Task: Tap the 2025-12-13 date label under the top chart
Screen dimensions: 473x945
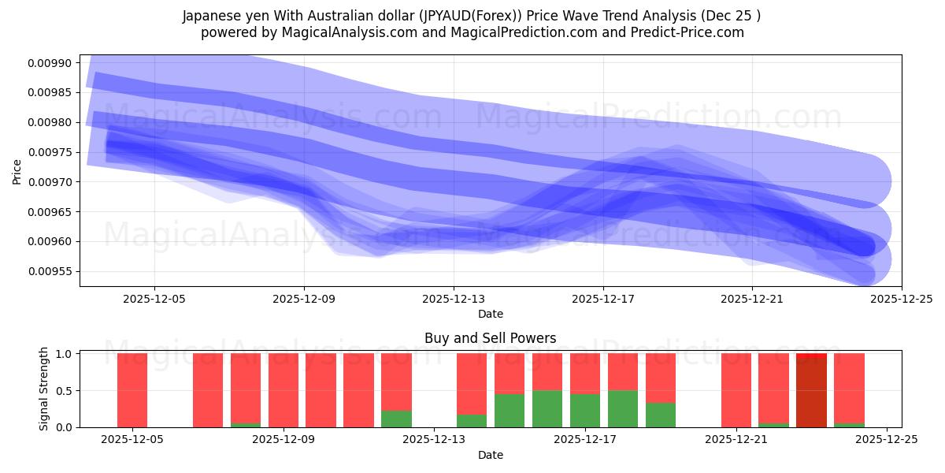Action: pyautogui.click(x=454, y=300)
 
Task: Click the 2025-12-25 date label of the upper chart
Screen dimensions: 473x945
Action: pyautogui.click(x=901, y=300)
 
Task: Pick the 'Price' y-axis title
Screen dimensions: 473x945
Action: pyautogui.click(x=17, y=170)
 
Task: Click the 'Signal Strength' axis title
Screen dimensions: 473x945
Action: pyautogui.click(x=44, y=389)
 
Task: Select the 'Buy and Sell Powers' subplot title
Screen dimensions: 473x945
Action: pyautogui.click(x=490, y=338)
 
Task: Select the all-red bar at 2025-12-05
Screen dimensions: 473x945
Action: pyautogui.click(x=132, y=390)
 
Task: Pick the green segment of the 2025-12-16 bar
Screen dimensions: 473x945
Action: pyautogui.click(x=547, y=409)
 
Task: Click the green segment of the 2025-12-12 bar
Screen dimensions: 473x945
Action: pyautogui.click(x=396, y=419)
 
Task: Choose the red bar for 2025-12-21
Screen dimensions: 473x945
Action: pyautogui.click(x=736, y=390)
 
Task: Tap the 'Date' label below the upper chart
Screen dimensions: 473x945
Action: pyautogui.click(x=490, y=314)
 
